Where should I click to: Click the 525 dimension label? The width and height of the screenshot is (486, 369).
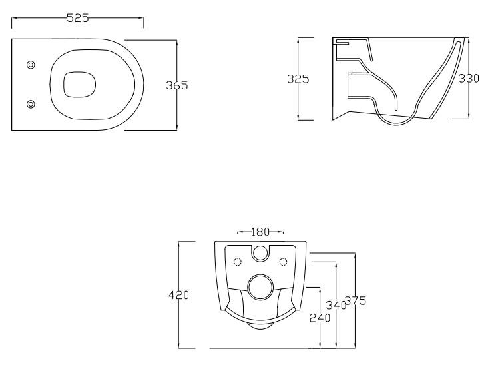point(78,18)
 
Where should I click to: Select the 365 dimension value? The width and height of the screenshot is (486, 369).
point(177,85)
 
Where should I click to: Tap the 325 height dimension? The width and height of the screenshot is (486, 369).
point(298,79)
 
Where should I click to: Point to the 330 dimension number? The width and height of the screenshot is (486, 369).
point(469,78)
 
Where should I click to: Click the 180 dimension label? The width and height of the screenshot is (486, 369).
point(260,232)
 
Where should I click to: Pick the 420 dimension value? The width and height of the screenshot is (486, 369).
point(179,295)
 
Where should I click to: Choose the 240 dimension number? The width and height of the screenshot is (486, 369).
point(320,318)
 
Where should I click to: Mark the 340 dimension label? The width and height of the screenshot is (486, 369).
point(336,305)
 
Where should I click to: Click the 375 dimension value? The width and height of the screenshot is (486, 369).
point(356,300)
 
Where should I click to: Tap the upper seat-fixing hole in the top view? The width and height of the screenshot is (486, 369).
point(31,65)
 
